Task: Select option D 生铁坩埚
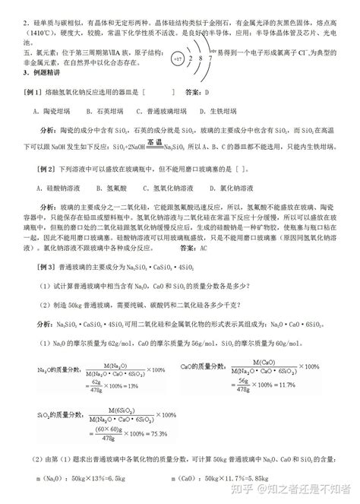[x=229, y=110]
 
